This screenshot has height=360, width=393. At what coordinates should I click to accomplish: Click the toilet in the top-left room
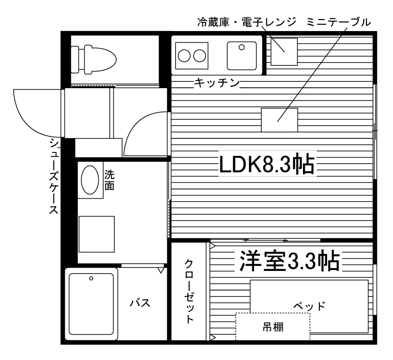(94, 59)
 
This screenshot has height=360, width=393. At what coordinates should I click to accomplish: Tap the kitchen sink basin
(242, 56)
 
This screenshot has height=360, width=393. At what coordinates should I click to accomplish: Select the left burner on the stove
(184, 56)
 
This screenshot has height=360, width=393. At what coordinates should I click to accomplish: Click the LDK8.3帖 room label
(267, 164)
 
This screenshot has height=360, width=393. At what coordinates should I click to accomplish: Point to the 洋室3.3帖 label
(289, 260)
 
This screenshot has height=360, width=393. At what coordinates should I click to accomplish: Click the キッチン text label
(217, 83)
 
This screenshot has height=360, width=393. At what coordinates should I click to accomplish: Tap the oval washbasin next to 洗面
(90, 180)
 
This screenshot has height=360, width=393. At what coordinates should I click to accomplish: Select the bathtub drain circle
(91, 278)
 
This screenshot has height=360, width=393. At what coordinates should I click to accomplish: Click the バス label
(140, 303)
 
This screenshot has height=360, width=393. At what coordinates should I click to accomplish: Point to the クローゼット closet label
(189, 291)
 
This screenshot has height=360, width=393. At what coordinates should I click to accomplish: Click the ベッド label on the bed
(309, 306)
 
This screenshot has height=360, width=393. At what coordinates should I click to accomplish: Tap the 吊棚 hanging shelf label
(273, 327)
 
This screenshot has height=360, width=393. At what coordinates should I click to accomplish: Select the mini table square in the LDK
(280, 120)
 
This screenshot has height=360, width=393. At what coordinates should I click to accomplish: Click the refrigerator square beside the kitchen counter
(284, 52)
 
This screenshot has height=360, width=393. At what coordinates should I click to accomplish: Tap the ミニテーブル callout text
(338, 22)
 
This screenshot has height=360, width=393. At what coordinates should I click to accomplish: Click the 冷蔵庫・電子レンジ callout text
(247, 22)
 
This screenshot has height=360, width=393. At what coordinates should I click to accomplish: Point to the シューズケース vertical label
(53, 176)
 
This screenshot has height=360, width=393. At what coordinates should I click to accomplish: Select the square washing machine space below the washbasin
(97, 234)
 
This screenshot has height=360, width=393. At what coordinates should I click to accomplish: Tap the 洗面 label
(109, 180)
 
